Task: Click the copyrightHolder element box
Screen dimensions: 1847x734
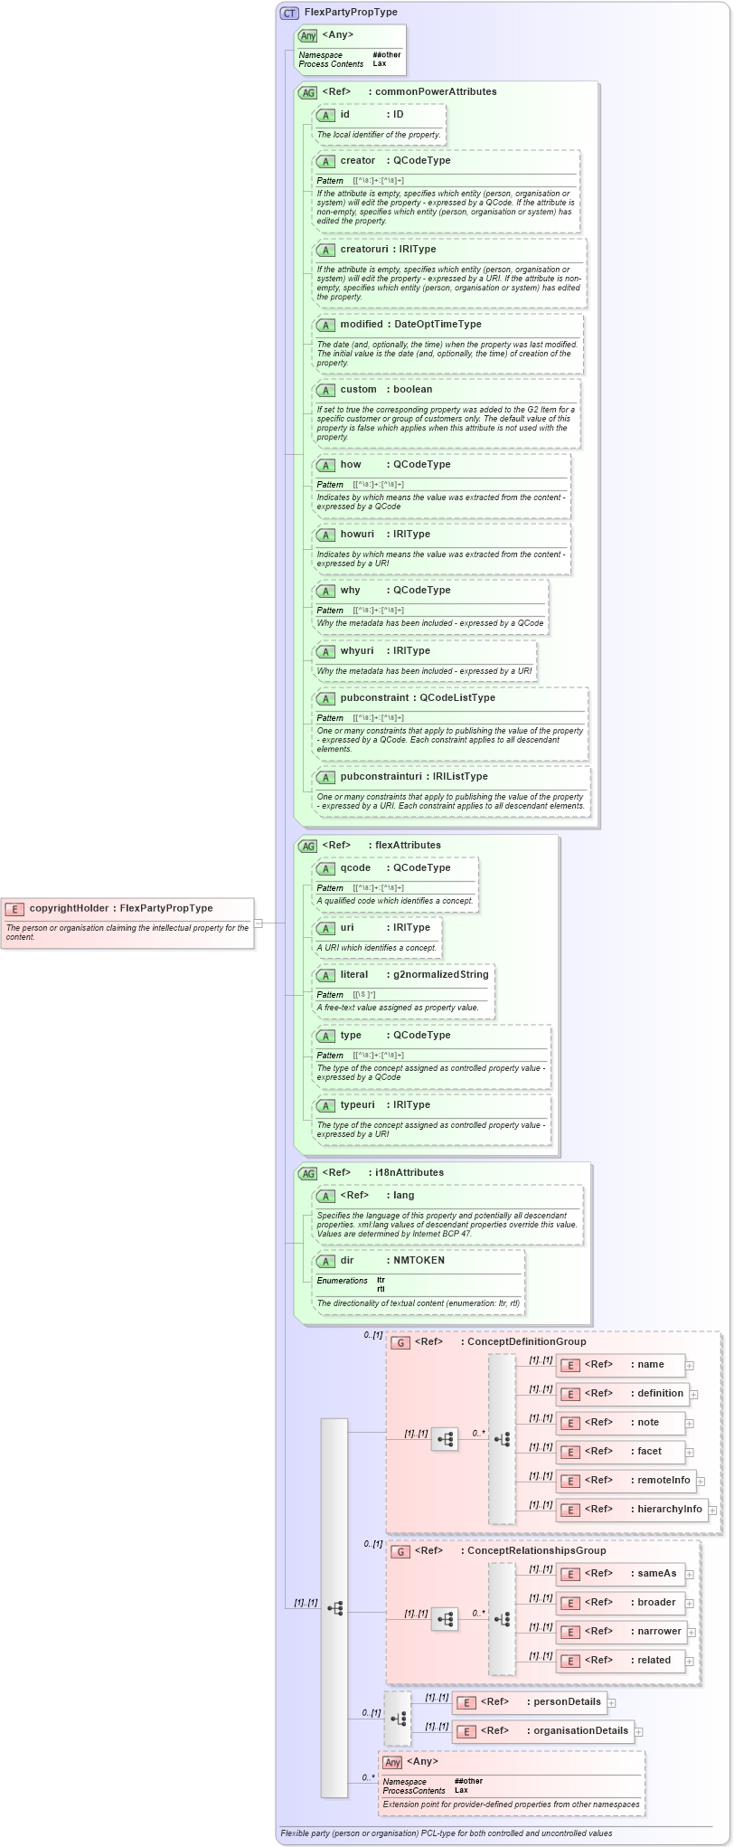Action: coord(127,922)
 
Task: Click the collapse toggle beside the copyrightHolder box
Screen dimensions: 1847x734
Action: coord(258,923)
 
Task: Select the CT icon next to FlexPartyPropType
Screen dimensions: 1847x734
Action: coord(289,13)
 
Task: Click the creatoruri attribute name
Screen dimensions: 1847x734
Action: coord(363,249)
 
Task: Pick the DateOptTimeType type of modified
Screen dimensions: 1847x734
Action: coord(438,324)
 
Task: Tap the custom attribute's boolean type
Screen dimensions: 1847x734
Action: coord(412,389)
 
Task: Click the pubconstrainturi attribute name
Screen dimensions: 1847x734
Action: coord(381,776)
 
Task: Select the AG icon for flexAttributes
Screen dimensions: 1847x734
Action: coord(307,846)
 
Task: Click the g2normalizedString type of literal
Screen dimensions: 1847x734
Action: coord(440,974)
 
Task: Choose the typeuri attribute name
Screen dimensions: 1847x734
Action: coord(357,1104)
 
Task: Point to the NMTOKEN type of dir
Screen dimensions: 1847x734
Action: coord(419,1260)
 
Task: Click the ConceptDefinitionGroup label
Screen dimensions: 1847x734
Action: coord(526,1341)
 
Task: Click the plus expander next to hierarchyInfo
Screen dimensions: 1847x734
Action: coord(712,1510)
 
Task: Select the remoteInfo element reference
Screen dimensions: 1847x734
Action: coord(663,1480)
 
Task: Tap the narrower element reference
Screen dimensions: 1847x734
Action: coord(659,1631)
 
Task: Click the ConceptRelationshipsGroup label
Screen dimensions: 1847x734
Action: coord(536,1550)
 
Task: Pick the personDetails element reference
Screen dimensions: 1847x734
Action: coord(567,1701)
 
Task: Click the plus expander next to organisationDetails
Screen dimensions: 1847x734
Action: coord(639,1732)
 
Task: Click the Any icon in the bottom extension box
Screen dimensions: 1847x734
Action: coord(392,1762)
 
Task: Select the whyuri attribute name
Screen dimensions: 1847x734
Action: coord(356,650)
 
